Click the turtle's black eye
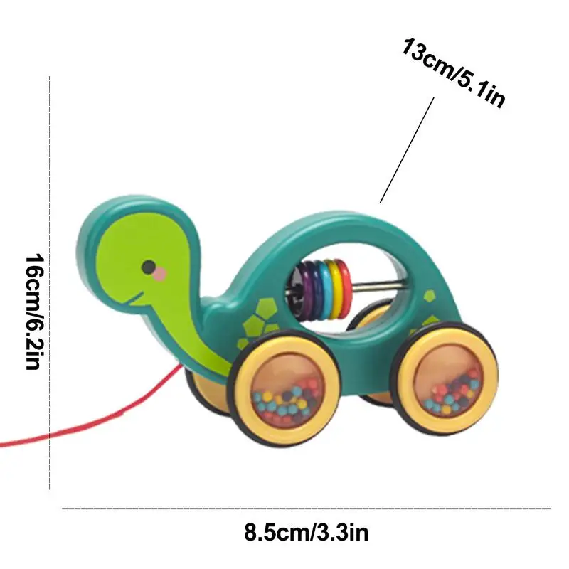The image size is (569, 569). (149, 267)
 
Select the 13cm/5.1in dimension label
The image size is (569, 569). (454, 74)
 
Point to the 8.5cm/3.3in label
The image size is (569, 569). (306, 531)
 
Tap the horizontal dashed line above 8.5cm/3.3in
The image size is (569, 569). (306, 509)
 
